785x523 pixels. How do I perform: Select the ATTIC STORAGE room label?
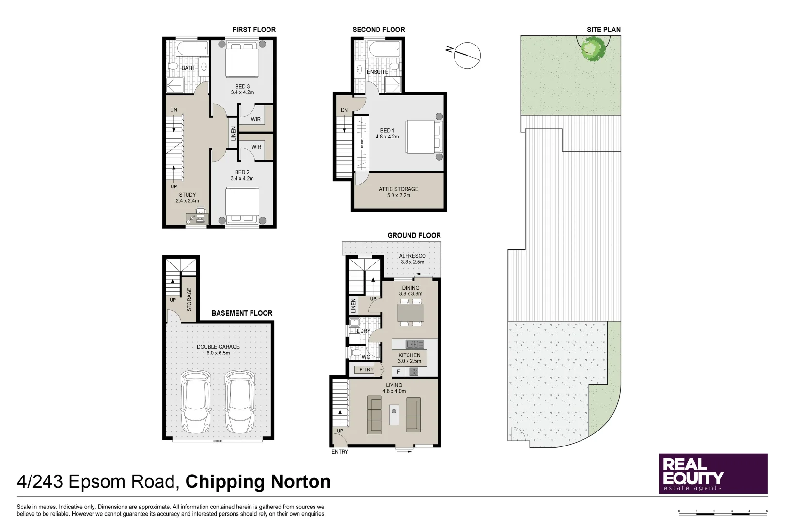(x=398, y=189)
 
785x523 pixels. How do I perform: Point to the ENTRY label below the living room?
(x=340, y=452)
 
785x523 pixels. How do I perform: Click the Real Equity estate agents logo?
(x=713, y=474)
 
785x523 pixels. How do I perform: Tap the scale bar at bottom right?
(x=722, y=511)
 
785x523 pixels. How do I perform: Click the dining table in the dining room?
(x=410, y=312)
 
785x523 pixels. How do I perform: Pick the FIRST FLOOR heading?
(x=254, y=30)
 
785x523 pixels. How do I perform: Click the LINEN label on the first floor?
(x=234, y=134)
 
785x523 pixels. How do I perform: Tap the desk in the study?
(x=196, y=218)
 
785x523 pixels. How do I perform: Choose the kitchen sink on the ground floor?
(x=414, y=344)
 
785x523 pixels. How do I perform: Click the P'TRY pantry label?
(x=366, y=369)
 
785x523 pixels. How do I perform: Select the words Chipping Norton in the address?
(x=258, y=482)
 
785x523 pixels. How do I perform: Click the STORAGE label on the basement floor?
(x=189, y=299)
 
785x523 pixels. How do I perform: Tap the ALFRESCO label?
(x=412, y=256)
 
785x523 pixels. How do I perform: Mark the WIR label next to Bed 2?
(x=256, y=147)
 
